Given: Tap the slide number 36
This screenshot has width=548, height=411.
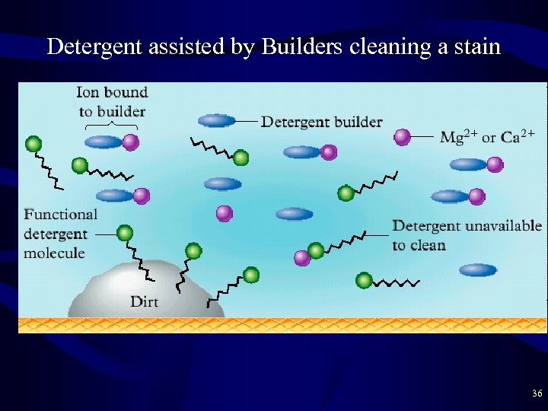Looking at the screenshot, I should tap(537, 393).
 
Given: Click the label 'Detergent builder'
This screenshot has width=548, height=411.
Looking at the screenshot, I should tap(321, 122).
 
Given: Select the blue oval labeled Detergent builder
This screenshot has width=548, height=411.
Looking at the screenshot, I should tap(217, 120).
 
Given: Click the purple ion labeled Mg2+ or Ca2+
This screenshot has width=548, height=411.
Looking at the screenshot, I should tap(403, 137).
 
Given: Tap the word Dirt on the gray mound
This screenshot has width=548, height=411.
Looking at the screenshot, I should tap(144, 301).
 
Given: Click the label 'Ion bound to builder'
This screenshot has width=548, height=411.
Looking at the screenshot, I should tap(112, 102).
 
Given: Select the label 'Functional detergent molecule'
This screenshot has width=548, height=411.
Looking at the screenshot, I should tap(60, 234).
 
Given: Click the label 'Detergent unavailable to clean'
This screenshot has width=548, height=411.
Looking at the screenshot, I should tap(467, 235).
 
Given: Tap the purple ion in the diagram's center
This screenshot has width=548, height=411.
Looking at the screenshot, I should tap(224, 213).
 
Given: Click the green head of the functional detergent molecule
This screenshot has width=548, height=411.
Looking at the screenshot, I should tap(125, 233).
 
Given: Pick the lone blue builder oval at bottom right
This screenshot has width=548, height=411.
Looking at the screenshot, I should tap(478, 269).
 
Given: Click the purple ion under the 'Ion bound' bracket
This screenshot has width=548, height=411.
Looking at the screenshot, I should tap(130, 142).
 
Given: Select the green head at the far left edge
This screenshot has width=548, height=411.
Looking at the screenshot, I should tap(33, 143).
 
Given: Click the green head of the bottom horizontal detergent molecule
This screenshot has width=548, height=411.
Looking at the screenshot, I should tap(364, 281).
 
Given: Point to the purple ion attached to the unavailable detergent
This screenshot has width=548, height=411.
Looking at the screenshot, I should tap(302, 258).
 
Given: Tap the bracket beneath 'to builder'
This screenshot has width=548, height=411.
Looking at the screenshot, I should tap(111, 124).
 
